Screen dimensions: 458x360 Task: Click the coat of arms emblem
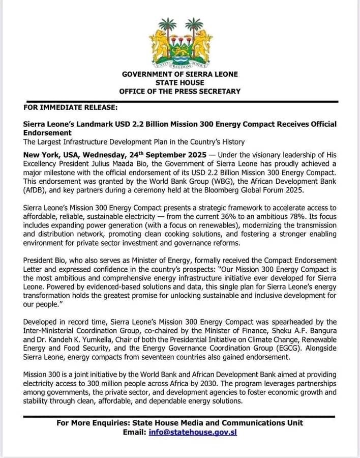click(179, 43)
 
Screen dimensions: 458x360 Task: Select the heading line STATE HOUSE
click(179, 82)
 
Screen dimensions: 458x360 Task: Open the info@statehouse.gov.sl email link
click(193, 432)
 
